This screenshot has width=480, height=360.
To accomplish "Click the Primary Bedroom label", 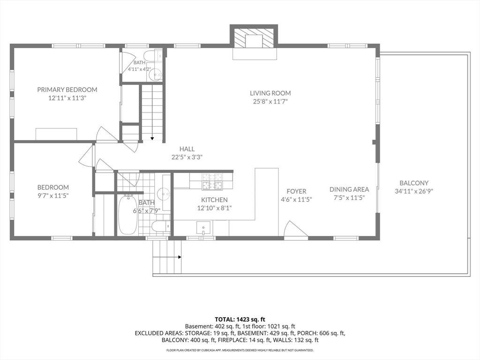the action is (x=67, y=90).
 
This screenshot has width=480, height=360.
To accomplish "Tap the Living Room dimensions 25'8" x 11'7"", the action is (x=270, y=102).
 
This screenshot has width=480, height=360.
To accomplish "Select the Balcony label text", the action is (x=414, y=183).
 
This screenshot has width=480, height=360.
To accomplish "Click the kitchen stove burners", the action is (x=211, y=180).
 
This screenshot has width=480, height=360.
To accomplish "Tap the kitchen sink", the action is (x=203, y=228).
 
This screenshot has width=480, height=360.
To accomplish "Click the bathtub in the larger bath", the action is (x=127, y=214).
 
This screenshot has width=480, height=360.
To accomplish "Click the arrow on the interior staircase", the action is (x=152, y=138).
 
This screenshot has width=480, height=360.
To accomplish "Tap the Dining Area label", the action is (x=349, y=189).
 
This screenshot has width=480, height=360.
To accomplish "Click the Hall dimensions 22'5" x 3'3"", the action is (x=187, y=157).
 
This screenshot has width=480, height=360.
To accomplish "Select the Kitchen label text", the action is (x=214, y=200).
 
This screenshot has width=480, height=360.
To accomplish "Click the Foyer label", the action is (x=296, y=191).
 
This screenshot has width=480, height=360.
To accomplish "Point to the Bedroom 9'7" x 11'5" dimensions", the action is (x=53, y=195).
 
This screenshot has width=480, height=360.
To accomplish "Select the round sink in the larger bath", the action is (x=163, y=193).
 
